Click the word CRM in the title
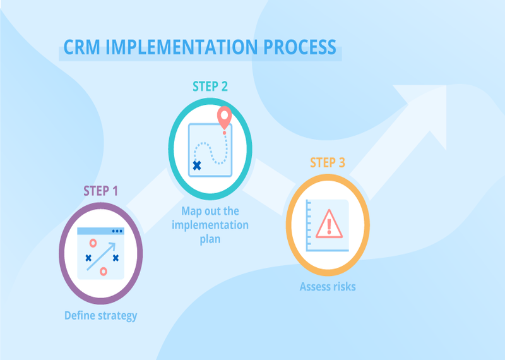(81, 48)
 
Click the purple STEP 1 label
(101, 190)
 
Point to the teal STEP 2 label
(210, 87)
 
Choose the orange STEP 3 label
(327, 162)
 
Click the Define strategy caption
(100, 315)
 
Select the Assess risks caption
(327, 287)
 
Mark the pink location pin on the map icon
(223, 117)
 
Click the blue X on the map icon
(197, 165)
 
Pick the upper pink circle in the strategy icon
(93, 243)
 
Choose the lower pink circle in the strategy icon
(104, 272)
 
